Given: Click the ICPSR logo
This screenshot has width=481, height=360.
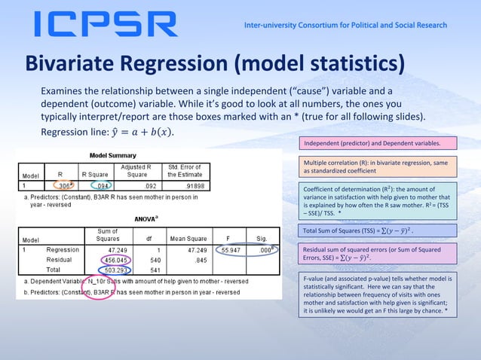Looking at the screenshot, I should point(106,25).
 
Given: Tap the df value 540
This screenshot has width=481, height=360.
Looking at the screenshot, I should point(158,259).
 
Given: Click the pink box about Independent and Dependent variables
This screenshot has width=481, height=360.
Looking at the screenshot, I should point(378,142).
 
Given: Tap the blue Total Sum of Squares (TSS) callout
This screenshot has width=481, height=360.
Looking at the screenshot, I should point(378,230).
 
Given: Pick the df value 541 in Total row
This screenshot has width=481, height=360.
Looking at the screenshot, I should point(158,270).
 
